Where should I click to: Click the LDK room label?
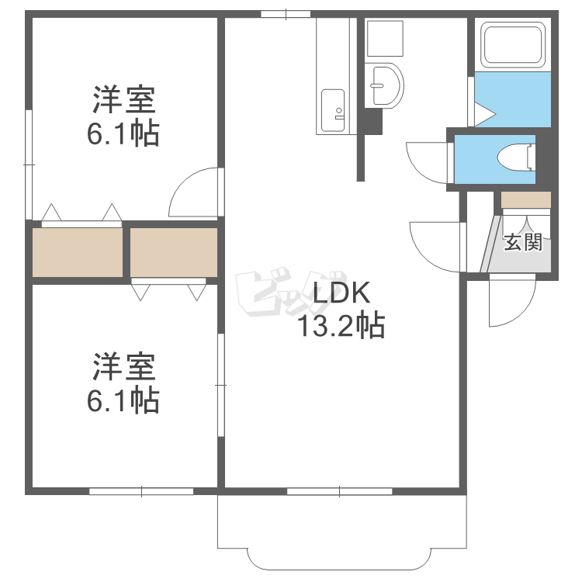click(333, 295)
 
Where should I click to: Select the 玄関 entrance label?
click(522, 243)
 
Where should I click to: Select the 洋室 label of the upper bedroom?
click(124, 101)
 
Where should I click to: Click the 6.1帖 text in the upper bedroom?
click(124, 135)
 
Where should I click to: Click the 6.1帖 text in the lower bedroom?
click(124, 400)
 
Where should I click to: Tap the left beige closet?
click(78, 252)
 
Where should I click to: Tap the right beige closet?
click(174, 252)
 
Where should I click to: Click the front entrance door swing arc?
click(513, 303)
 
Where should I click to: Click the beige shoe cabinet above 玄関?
click(526, 199)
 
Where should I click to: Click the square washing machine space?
click(385, 38)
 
